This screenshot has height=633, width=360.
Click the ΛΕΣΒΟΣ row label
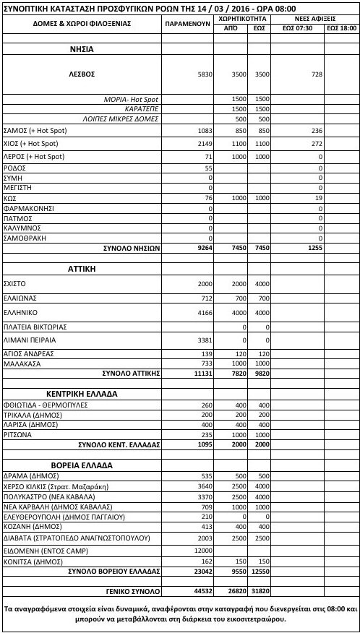81,74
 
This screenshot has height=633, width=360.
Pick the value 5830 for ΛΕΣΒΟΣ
200,74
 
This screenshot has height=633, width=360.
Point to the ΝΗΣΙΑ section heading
81,49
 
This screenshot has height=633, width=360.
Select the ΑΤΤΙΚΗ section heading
81,268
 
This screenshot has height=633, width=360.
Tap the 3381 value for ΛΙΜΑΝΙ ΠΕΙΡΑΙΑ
200,340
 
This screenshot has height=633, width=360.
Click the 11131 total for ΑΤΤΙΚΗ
199,374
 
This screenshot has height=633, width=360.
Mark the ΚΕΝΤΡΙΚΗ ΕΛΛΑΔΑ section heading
81,394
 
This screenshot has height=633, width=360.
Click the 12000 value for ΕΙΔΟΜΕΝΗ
199,551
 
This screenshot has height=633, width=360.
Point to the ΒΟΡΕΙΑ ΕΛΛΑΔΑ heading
81,462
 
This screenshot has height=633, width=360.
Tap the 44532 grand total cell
199,590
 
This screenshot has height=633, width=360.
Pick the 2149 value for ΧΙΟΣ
200,143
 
